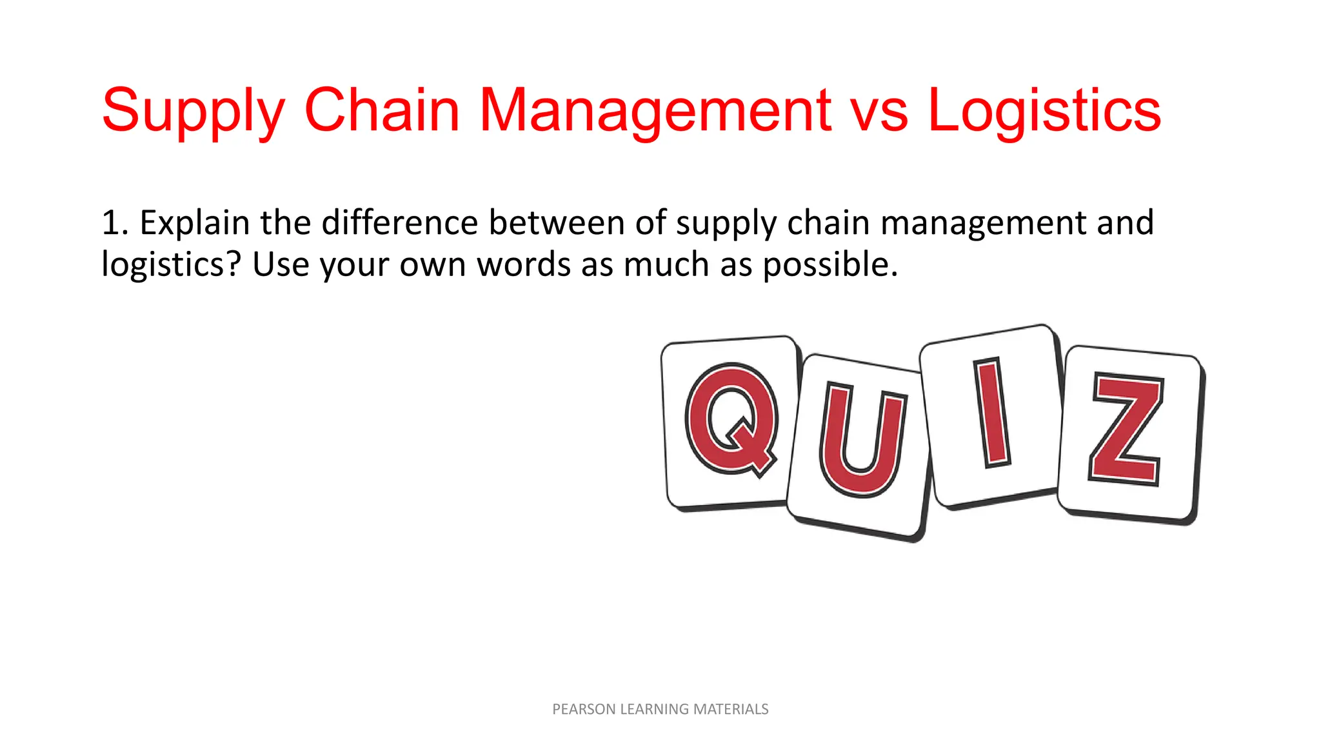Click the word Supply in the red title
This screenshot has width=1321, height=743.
click(193, 111)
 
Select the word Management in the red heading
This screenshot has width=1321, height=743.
click(655, 111)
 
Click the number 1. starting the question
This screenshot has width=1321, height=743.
click(115, 223)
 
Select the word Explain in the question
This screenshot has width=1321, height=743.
click(194, 223)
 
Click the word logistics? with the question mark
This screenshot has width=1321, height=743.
click(171, 265)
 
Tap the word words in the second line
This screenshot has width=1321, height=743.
click(523, 264)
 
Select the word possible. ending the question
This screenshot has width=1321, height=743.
click(830, 265)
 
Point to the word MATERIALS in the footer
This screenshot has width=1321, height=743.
click(731, 709)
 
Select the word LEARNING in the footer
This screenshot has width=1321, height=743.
click(654, 709)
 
